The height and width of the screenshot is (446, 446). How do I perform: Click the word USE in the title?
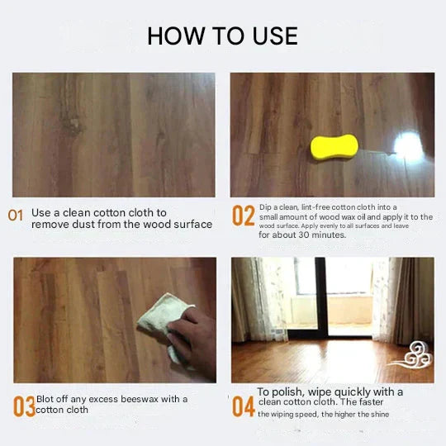(275, 36)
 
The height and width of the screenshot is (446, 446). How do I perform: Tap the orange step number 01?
(16, 216)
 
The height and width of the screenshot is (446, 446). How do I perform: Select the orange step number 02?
(243, 216)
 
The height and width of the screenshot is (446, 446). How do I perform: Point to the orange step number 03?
(24, 406)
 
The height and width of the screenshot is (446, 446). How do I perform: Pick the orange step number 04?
(243, 406)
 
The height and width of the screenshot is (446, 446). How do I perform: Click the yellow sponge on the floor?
(334, 147)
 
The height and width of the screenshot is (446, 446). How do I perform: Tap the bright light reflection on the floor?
(408, 145)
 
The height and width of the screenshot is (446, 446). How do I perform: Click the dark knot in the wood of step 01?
(74, 126)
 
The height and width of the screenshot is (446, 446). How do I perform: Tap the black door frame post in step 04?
(320, 297)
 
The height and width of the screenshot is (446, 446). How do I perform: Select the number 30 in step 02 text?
(303, 235)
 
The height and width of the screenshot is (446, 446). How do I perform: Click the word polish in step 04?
(289, 392)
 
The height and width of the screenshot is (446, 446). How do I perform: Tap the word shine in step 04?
(379, 414)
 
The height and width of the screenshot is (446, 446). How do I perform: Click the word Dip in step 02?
(265, 207)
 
